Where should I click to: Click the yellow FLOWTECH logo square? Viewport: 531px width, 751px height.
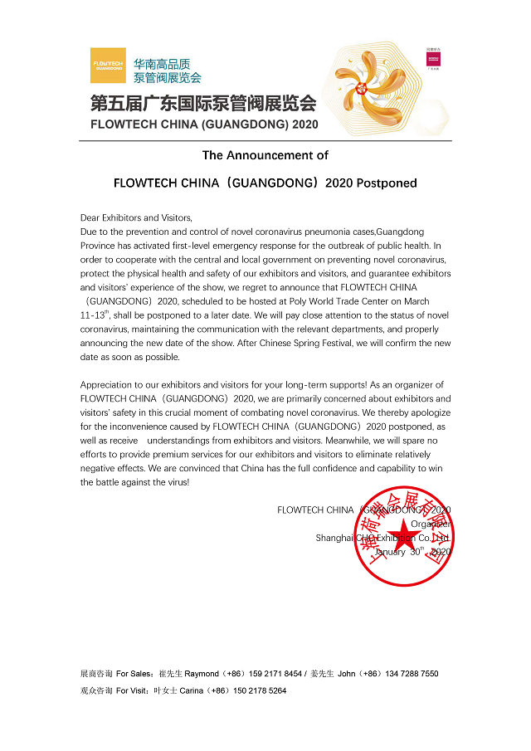pos(108,66)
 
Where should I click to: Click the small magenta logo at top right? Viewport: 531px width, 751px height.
pos(433,63)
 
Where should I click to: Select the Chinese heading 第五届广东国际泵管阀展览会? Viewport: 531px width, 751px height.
pos(203,104)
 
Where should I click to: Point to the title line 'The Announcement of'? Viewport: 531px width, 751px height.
pos(265,155)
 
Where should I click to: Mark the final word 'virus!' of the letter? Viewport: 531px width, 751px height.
pos(174,482)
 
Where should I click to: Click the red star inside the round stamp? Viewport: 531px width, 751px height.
pos(404,535)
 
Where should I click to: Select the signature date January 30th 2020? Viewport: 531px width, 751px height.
pos(412,552)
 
